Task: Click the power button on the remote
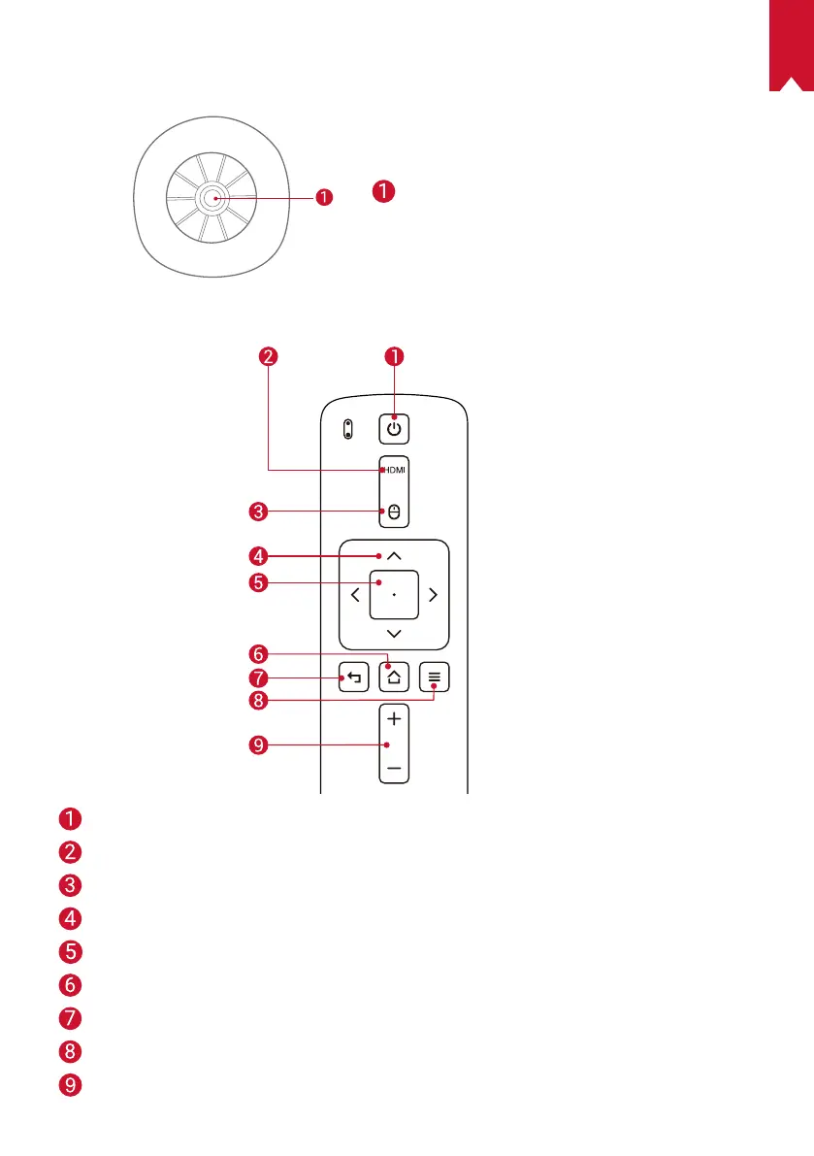394,427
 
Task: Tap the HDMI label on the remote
393,471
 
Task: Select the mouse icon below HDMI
394,510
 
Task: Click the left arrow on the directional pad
355,594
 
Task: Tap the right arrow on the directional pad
433,594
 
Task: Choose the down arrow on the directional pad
394,633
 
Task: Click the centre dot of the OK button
394,594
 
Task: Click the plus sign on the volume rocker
394,720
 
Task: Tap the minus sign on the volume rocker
394,768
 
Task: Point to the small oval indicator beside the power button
347,429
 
